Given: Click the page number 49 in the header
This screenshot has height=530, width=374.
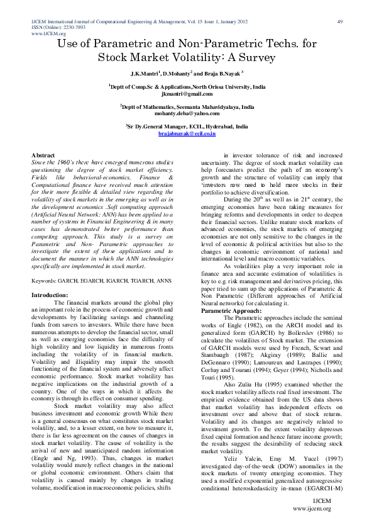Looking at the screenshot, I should coord(340,22).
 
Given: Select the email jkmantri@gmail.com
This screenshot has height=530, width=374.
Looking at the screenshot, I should coord(187,93).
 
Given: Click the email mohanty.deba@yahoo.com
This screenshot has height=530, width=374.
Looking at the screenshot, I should coord(187,113).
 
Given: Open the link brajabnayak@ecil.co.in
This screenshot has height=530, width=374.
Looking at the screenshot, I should coord(187,133).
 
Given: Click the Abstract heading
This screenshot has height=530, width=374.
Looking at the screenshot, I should coord(43,154).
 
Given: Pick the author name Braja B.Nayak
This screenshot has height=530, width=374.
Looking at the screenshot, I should coord(226,74).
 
